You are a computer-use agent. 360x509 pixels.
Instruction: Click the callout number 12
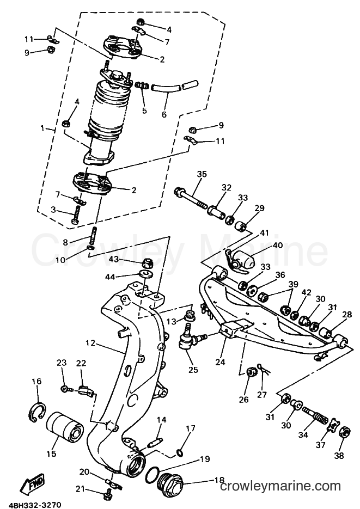[90, 343]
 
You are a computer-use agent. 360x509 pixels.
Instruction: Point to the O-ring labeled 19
[153, 475]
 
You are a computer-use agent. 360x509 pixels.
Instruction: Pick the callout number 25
[193, 370]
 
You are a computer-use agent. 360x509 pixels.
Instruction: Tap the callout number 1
[42, 128]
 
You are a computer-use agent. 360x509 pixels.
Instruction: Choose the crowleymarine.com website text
[280, 486]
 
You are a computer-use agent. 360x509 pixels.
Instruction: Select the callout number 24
[220, 361]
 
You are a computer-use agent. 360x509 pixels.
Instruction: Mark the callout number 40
[278, 246]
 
